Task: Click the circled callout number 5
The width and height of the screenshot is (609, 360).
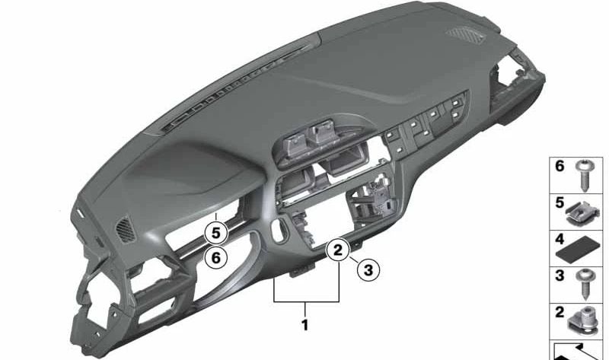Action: (216, 234)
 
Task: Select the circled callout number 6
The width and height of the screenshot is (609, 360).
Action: (216, 257)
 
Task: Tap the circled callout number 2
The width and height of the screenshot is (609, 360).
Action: (338, 250)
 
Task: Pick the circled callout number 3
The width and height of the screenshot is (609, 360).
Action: (368, 269)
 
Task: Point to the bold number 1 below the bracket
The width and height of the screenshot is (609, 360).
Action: (305, 325)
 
